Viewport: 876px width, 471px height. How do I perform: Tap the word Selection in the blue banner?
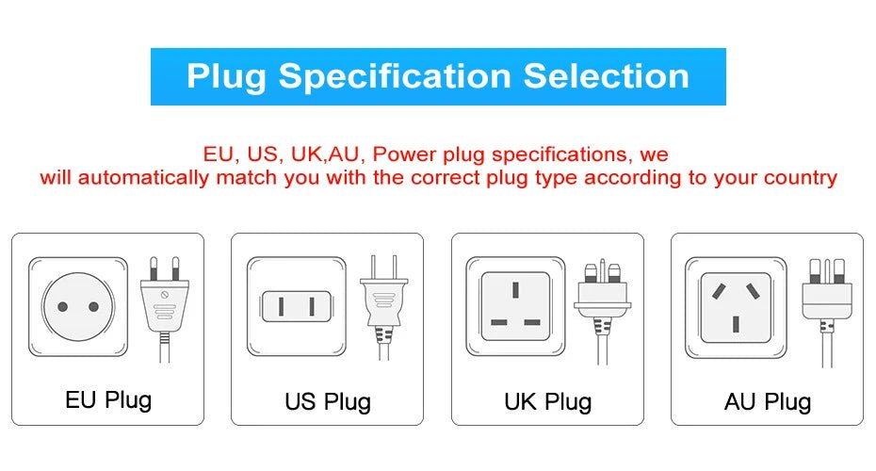(x=606, y=76)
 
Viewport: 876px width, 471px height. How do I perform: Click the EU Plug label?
(x=108, y=399)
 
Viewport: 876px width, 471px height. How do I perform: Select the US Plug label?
(x=328, y=402)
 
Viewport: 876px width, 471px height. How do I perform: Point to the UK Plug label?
(x=548, y=402)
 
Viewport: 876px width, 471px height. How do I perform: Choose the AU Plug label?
(x=768, y=402)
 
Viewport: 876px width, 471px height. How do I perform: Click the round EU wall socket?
(x=77, y=307)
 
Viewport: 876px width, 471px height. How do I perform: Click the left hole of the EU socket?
(x=62, y=307)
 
